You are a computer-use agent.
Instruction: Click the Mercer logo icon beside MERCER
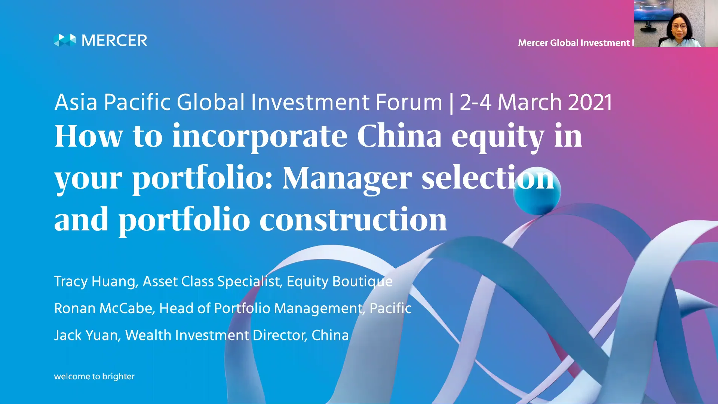65,40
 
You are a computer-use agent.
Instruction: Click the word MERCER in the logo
114,40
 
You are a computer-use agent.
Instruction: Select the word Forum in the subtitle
409,102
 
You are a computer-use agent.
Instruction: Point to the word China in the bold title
399,136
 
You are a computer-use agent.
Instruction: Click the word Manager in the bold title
347,178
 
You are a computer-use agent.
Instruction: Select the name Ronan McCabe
104,308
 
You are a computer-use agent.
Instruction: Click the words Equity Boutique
340,281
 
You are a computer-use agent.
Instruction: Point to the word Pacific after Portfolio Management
390,308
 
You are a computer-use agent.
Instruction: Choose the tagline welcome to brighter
94,376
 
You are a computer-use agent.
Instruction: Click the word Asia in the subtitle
76,102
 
